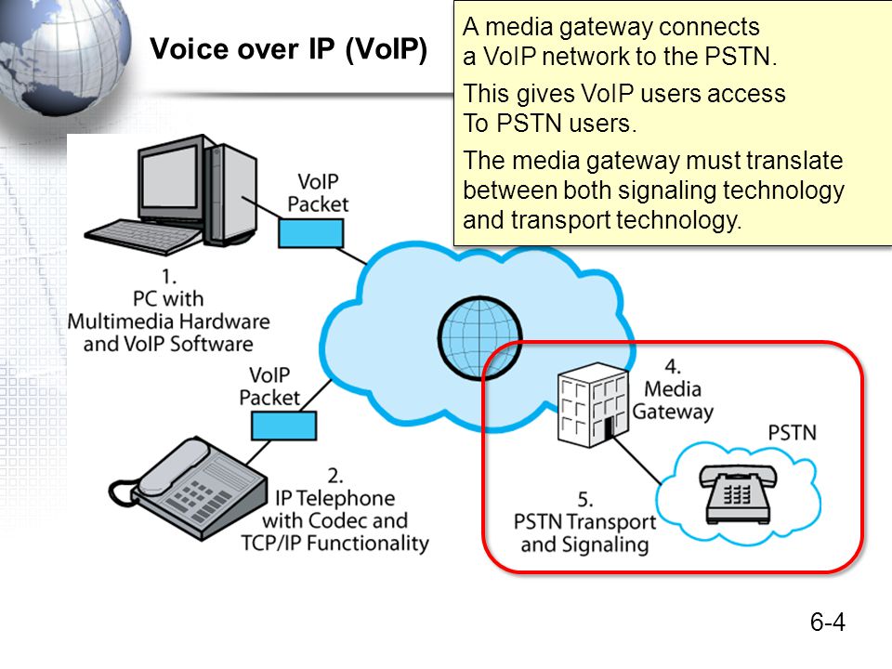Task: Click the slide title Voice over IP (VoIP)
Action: (x=288, y=49)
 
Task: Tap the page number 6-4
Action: (x=828, y=622)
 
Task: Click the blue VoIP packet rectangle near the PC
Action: (x=310, y=233)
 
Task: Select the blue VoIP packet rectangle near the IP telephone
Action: (x=284, y=426)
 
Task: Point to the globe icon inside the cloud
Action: (x=479, y=338)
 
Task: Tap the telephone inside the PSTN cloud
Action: (x=738, y=493)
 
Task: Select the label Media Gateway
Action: (x=673, y=400)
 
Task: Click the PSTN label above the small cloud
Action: (x=792, y=433)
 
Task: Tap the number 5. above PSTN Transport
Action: (x=585, y=500)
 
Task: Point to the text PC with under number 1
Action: (x=168, y=298)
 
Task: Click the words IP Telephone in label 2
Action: (x=335, y=498)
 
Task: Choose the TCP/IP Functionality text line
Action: (x=335, y=544)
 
